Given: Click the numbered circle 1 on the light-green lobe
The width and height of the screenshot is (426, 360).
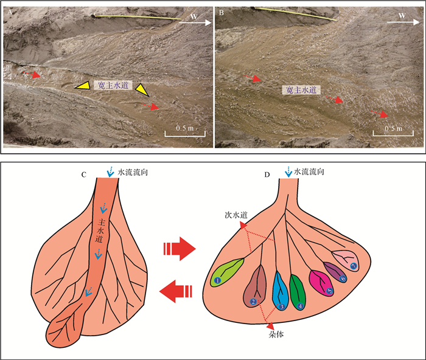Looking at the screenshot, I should point(217,280).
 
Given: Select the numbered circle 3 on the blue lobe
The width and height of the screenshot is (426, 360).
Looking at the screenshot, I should point(282,306).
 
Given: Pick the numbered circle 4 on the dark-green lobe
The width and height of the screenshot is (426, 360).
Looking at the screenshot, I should point(301,305).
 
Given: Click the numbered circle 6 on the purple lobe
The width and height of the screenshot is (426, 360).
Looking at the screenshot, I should point(344,278).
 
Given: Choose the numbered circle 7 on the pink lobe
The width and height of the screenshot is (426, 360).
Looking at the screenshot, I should point(354,266).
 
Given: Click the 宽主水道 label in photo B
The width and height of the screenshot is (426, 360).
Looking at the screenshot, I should point(301,89).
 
